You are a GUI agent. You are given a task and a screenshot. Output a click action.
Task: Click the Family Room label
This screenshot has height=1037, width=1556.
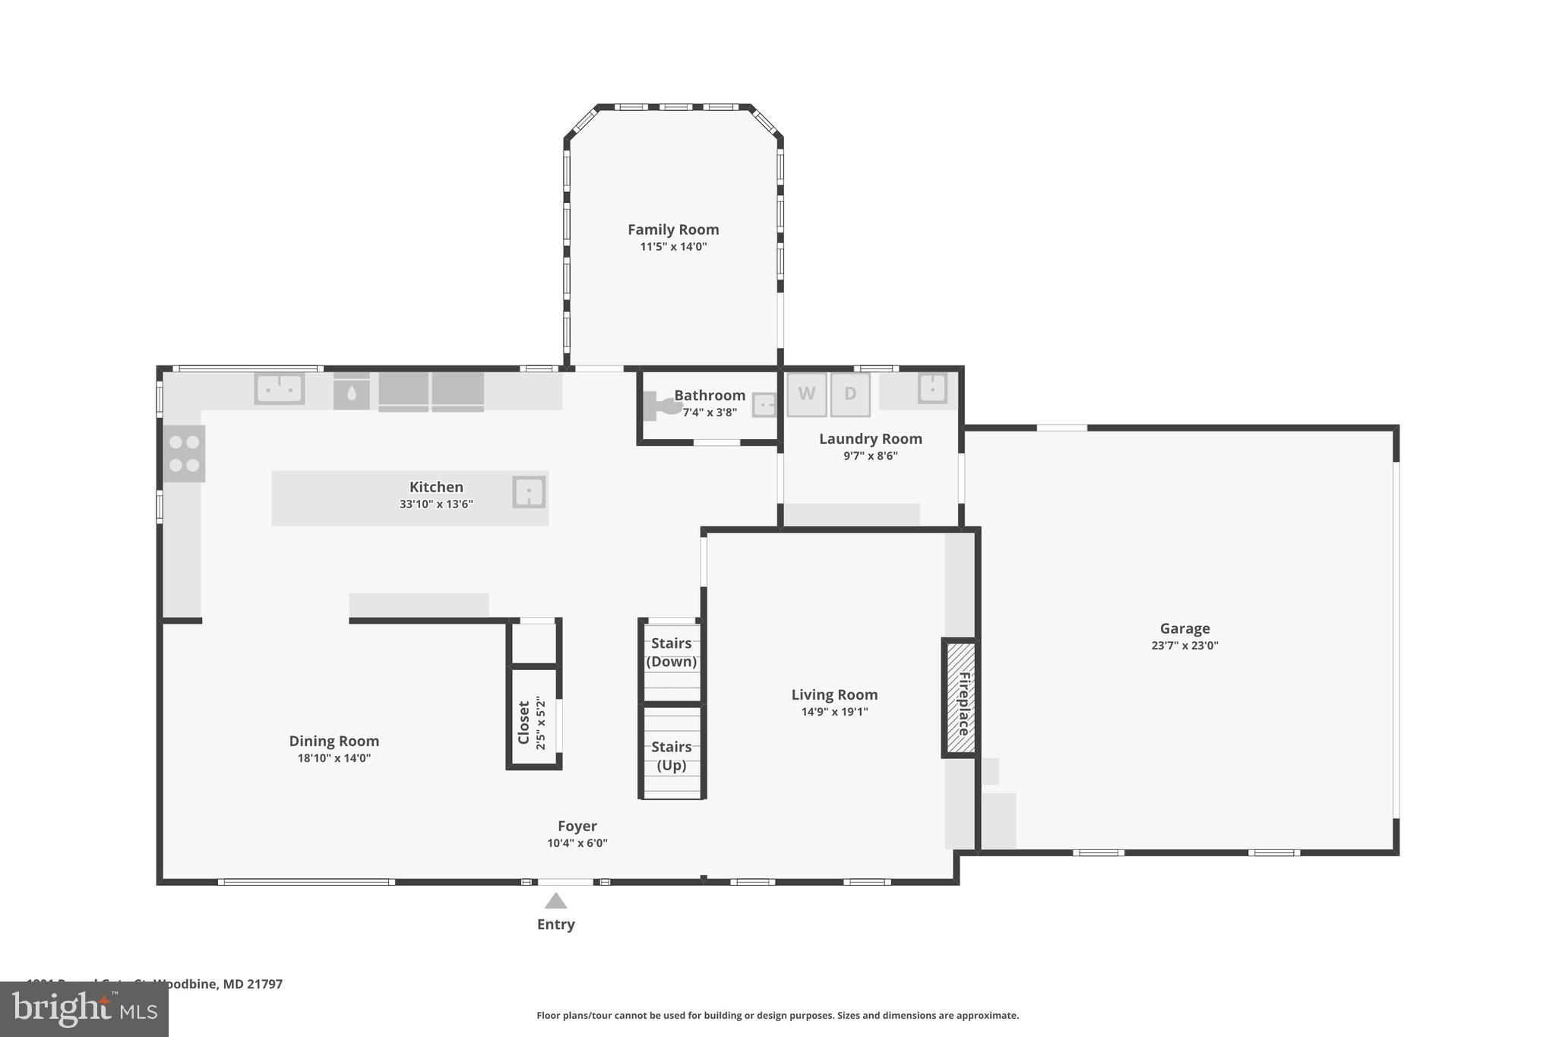pyautogui.click(x=673, y=229)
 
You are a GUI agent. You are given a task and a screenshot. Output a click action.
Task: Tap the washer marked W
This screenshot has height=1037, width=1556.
pyautogui.click(x=806, y=394)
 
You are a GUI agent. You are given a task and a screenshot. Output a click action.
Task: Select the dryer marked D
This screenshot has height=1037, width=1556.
pyautogui.click(x=849, y=394)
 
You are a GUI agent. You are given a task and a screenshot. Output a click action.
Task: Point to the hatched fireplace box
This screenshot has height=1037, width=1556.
pyautogui.click(x=960, y=698)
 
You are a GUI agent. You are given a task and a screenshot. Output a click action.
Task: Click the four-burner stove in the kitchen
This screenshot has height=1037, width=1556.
pyautogui.click(x=184, y=454)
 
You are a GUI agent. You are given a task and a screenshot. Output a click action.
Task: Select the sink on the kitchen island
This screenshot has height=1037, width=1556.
pyautogui.click(x=528, y=492)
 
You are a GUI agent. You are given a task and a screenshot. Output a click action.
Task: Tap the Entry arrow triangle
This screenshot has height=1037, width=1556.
pyautogui.click(x=555, y=902)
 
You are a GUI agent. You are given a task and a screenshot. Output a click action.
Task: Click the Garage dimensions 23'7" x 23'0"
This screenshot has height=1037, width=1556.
pyautogui.click(x=1184, y=646)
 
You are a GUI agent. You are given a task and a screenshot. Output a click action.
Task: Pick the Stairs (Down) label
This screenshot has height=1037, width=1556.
pyautogui.click(x=671, y=652)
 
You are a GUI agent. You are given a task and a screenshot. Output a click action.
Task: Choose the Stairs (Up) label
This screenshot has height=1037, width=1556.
pyautogui.click(x=671, y=755)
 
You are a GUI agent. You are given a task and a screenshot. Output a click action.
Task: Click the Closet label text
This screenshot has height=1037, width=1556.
pyautogui.click(x=523, y=722)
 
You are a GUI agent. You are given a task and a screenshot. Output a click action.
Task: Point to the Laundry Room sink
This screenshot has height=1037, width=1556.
pyautogui.click(x=931, y=388)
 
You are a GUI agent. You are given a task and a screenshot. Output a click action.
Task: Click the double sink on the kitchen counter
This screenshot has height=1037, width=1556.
pyautogui.click(x=279, y=389)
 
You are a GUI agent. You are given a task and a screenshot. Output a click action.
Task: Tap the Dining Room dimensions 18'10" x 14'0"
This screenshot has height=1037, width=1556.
pyautogui.click(x=334, y=758)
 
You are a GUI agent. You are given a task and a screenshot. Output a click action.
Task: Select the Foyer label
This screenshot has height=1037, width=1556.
pyautogui.click(x=577, y=826)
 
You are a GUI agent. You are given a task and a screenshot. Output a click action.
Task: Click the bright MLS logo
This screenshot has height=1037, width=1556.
pyautogui.click(x=84, y=1010)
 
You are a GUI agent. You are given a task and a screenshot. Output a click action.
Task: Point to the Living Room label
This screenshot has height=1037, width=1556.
pyautogui.click(x=834, y=694)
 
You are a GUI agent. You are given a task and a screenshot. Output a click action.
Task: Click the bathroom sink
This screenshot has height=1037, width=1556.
pyautogui.click(x=764, y=405)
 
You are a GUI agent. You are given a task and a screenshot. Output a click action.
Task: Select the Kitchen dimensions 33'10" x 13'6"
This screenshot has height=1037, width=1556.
pyautogui.click(x=436, y=504)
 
